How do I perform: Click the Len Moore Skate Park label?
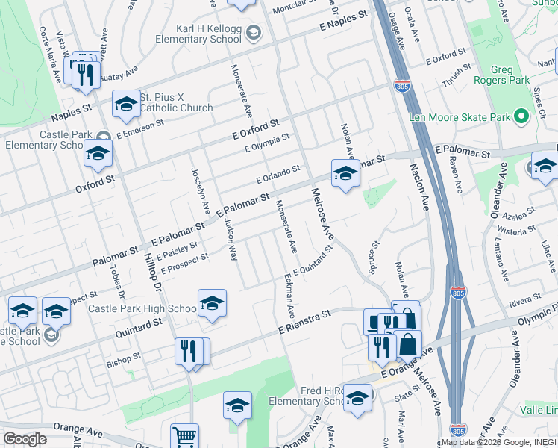[460, 117]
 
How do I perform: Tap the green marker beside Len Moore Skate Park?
[522, 117]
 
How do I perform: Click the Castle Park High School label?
[142, 308]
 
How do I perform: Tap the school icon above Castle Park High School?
[212, 304]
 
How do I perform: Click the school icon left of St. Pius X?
[126, 104]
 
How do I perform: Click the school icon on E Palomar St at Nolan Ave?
[345, 175]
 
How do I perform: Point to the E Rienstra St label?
[304, 323]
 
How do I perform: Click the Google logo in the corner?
[25, 439]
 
